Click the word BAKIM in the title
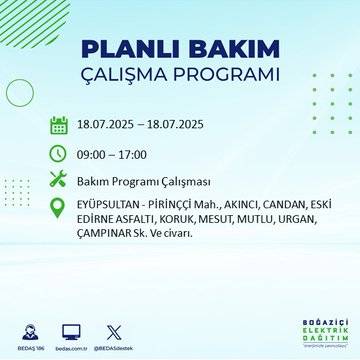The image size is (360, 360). click(x=227, y=51)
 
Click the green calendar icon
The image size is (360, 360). click(x=58, y=126)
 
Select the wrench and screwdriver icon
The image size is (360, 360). click(x=58, y=180)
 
